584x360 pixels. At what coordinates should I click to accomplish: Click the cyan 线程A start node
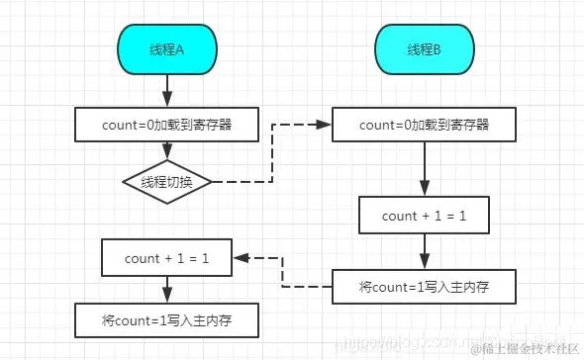pyautogui.click(x=165, y=49)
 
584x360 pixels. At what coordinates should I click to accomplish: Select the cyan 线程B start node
pyautogui.click(x=424, y=49)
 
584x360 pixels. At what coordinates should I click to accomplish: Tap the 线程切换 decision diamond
pyautogui.click(x=165, y=182)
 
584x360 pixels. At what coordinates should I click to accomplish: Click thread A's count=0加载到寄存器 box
pyautogui.click(x=165, y=126)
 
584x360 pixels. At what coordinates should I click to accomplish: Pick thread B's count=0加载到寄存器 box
pyautogui.click(x=424, y=126)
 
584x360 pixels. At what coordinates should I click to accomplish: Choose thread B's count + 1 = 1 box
pyautogui.click(x=425, y=215)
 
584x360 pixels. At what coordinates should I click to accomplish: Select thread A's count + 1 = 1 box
pyautogui.click(x=165, y=258)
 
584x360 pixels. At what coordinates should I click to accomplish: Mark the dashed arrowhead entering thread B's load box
pyautogui.click(x=325, y=126)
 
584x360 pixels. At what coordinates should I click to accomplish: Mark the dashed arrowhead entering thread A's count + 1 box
pyautogui.click(x=240, y=258)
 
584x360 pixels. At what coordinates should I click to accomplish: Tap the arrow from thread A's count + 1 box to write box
pyautogui.click(x=165, y=290)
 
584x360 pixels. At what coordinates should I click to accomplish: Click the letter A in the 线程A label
pyautogui.click(x=181, y=49)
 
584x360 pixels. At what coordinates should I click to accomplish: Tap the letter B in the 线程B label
pyautogui.click(x=439, y=49)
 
